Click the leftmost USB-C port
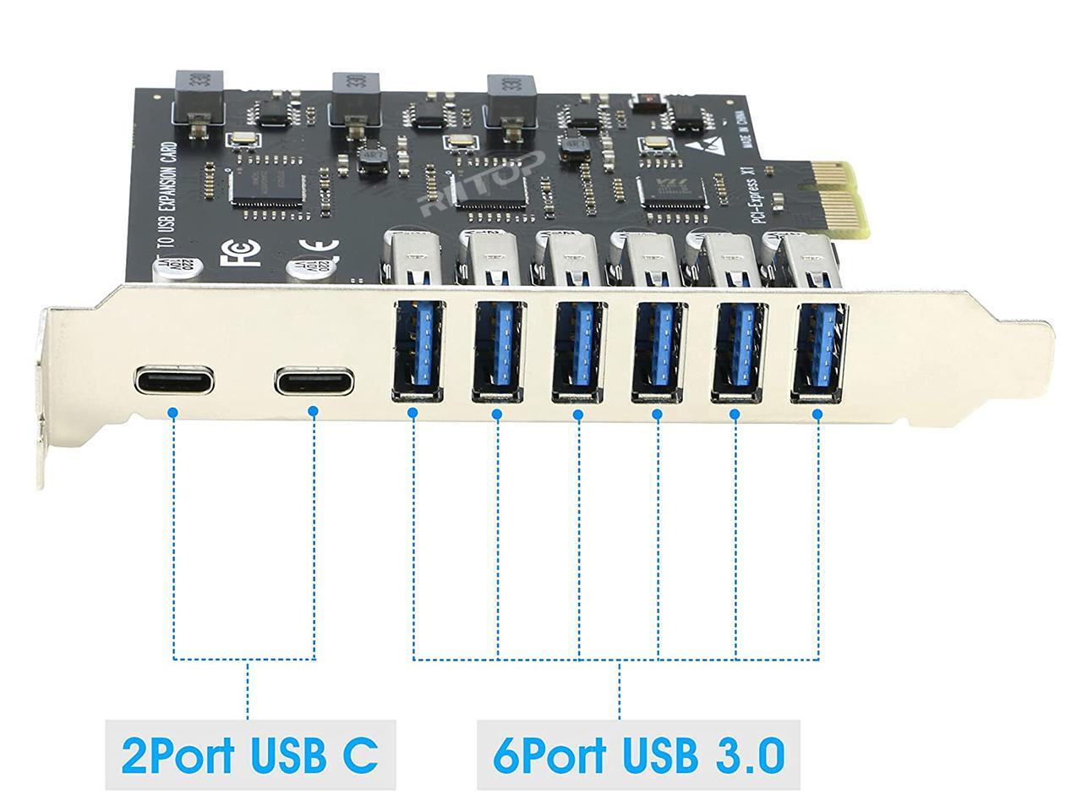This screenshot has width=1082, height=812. coord(172,381)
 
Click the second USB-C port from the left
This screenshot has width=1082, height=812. coord(312,381)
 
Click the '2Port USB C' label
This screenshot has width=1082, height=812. coord(249,754)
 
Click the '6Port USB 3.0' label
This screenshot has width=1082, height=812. coord(637,754)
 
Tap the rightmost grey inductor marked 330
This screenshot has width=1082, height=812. coord(511,92)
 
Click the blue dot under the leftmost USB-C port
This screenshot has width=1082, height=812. coord(172,413)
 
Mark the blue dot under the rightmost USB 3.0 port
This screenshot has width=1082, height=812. coord(817,414)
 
